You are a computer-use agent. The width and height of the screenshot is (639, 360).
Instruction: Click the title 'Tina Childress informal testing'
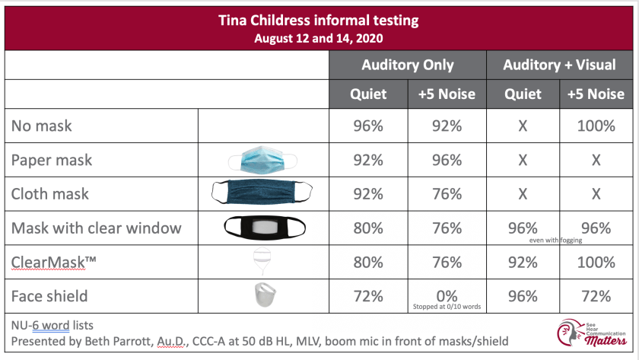[x=319, y=18]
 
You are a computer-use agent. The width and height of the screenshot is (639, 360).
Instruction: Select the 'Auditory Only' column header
[x=408, y=65]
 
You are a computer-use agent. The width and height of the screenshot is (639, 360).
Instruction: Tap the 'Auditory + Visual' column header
[x=559, y=65]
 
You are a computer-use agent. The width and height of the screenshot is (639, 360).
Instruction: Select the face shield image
[x=262, y=295]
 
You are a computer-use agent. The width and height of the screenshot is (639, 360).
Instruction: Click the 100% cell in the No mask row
[x=596, y=126]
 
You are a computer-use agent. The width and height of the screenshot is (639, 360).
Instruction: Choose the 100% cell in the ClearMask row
[x=596, y=261]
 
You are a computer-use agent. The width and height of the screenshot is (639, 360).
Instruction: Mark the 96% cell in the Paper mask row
[x=446, y=160]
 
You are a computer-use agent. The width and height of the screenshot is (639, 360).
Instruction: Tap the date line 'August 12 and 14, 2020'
[x=319, y=37]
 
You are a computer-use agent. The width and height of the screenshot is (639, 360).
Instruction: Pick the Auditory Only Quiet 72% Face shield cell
[x=368, y=295]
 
